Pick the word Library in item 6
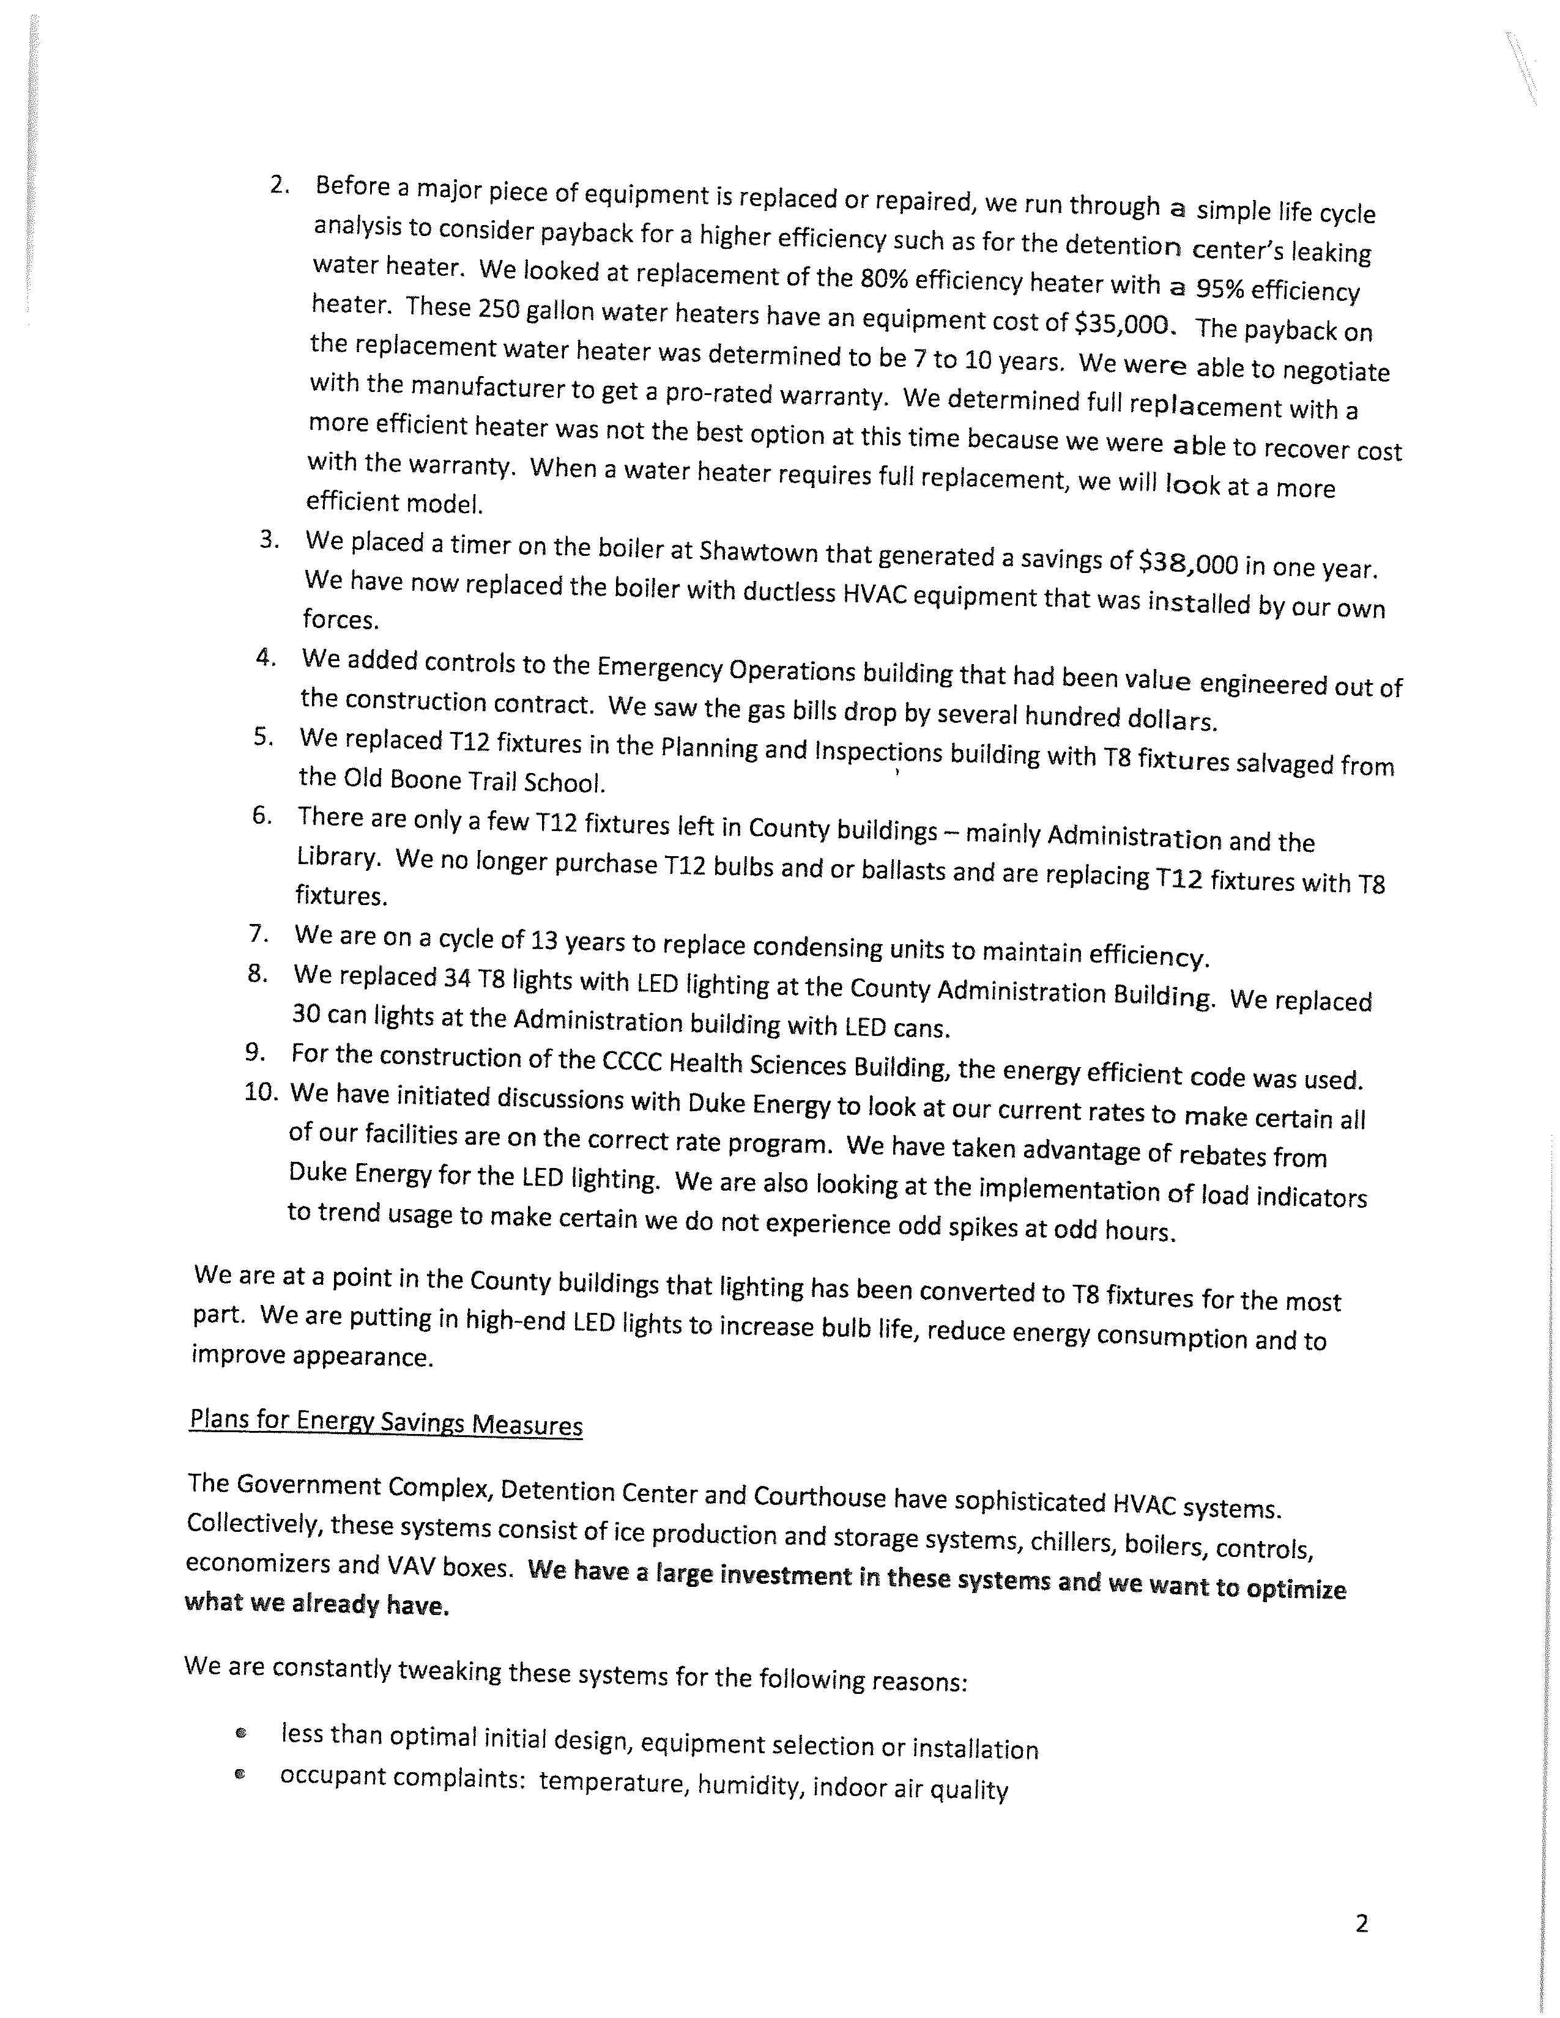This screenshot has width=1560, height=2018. point(336,857)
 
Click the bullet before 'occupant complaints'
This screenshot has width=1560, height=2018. point(240,1774)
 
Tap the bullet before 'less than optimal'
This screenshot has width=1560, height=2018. point(241,1734)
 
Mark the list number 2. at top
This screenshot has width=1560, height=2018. point(280,184)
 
